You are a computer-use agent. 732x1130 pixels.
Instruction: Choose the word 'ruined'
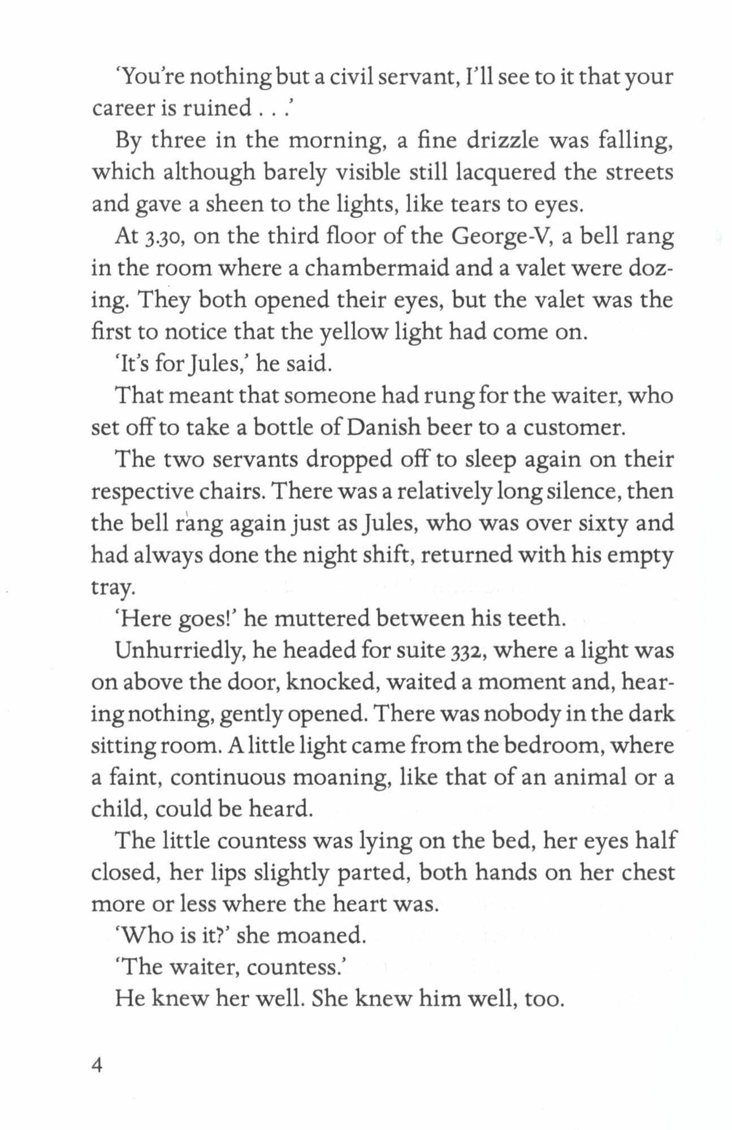coord(214,108)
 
